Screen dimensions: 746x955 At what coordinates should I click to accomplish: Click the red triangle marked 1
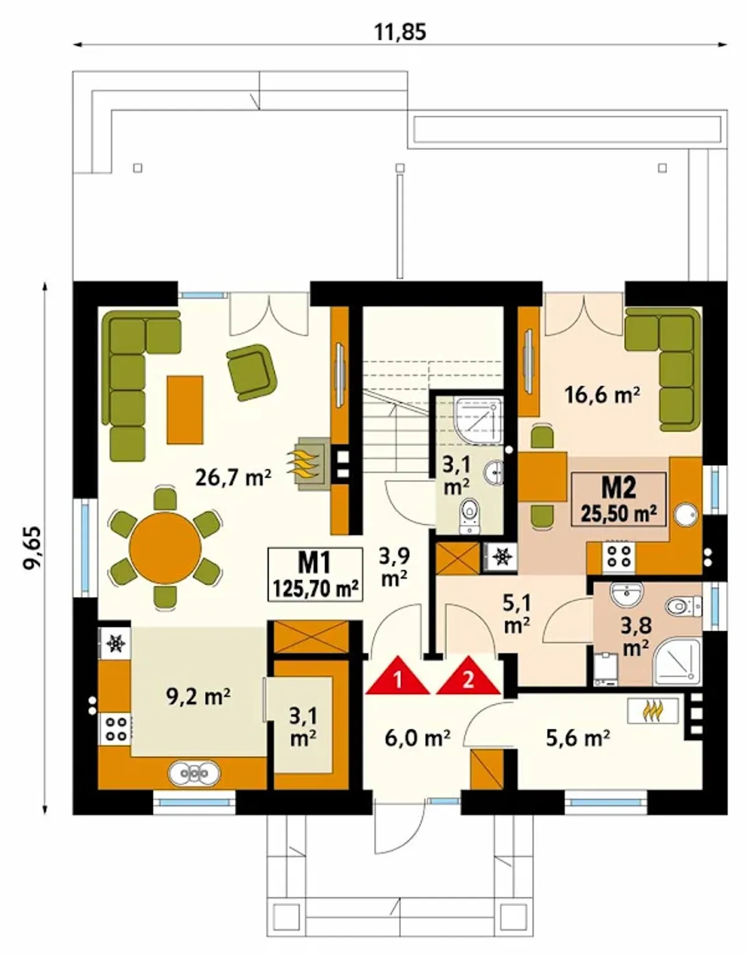pos(397,677)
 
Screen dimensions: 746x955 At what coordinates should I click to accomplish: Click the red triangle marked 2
pos(469,677)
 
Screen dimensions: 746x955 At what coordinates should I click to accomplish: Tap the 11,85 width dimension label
pos(400,32)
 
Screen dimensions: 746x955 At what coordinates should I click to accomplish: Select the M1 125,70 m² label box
pos(315,574)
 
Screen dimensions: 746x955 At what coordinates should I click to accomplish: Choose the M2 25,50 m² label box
pos(618,500)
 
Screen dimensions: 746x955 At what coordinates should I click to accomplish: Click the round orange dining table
pos(165,548)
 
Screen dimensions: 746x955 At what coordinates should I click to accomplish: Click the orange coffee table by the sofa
pos(185,410)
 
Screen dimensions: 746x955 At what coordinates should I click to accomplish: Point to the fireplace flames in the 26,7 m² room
pos(304,464)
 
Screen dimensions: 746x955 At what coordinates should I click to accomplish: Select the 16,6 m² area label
pos(602,395)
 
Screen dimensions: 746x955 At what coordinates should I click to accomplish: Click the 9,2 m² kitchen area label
pos(199,697)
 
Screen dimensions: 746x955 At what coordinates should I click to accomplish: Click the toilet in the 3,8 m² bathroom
pos(683,607)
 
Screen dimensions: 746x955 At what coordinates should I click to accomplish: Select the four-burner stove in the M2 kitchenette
pos(618,556)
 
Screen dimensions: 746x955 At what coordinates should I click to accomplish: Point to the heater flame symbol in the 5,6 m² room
pos(653,711)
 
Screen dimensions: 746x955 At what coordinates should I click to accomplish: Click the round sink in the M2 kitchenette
pos(686,514)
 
